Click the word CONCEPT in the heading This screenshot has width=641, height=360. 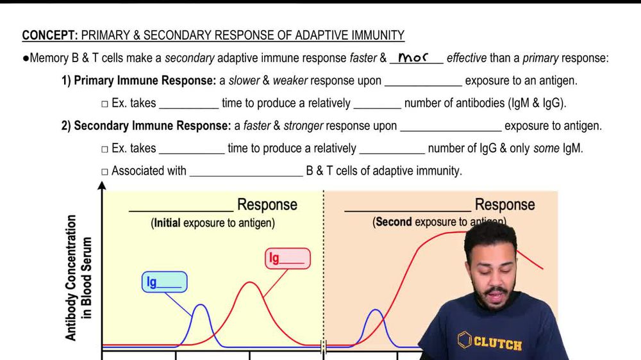(x=50, y=35)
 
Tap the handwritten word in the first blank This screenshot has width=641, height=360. (x=413, y=58)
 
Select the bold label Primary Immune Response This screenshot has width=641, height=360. (x=145, y=81)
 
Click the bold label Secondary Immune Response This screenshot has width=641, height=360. (x=153, y=126)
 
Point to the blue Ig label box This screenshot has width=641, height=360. (x=164, y=282)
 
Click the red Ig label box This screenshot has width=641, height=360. (x=287, y=258)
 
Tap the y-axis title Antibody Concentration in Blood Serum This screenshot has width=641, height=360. (x=78, y=278)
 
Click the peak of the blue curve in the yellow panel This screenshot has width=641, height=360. (x=201, y=304)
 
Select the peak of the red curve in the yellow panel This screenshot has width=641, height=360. (x=249, y=282)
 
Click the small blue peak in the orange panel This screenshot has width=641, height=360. (x=375, y=310)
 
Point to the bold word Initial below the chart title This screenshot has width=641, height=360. (x=167, y=223)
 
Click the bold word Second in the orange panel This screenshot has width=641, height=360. (x=394, y=222)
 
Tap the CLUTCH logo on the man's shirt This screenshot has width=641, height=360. (x=490, y=341)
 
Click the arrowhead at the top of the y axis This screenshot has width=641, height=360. (x=102, y=186)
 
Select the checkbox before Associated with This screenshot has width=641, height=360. (x=104, y=172)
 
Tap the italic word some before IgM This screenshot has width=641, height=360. (x=546, y=149)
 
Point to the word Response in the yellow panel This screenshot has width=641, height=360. (x=267, y=205)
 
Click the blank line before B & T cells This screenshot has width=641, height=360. (x=246, y=176)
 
